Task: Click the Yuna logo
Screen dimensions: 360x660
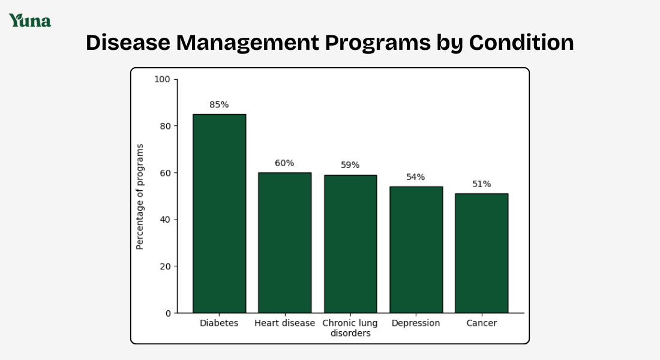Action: (29, 20)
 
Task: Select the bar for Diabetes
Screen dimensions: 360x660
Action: (219, 213)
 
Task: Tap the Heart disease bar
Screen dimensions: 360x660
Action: (284, 242)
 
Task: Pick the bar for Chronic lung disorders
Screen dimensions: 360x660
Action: (350, 244)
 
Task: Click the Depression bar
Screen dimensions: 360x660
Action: (416, 250)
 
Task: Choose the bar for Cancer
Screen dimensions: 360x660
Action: (481, 253)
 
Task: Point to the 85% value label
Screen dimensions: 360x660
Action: (219, 104)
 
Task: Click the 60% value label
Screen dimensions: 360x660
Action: (284, 163)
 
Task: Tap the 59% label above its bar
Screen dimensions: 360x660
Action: (350, 165)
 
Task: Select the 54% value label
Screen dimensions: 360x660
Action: (415, 177)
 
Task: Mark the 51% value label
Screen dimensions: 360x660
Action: (481, 184)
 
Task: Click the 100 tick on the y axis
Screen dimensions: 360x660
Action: (162, 79)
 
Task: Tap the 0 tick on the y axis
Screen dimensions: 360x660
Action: (167, 313)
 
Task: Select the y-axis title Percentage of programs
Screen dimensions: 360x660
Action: (140, 196)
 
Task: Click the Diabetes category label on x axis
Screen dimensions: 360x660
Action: (219, 323)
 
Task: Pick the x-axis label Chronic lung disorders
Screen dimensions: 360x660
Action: (350, 328)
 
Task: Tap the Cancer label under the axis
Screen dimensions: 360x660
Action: (481, 323)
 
